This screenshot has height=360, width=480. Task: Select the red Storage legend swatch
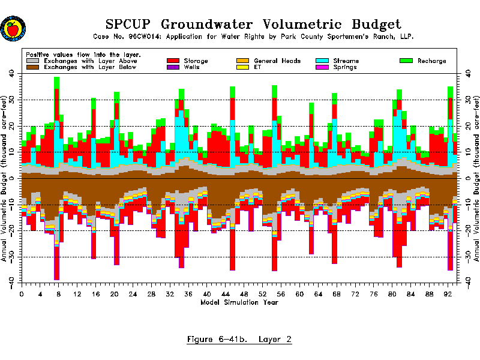coord(173,61)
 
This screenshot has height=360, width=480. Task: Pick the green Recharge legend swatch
coord(407,61)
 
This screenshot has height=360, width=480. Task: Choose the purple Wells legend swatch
coord(173,67)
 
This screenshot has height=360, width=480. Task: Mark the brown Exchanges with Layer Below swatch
coord(33,67)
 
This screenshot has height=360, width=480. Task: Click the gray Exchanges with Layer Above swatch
coord(33,61)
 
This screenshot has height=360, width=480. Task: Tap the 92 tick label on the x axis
coord(448,295)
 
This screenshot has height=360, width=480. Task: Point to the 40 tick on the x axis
coord(207,295)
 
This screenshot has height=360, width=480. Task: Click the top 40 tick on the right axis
coord(466,73)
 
